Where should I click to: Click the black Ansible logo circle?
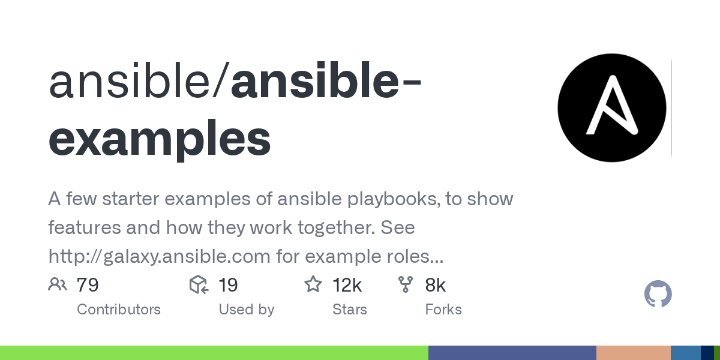pyautogui.click(x=611, y=108)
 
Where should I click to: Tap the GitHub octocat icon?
pyautogui.click(x=658, y=295)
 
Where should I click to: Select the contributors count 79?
pyautogui.click(x=88, y=285)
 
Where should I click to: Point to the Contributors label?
pyautogui.click(x=119, y=310)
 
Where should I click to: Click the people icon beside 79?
pyautogui.click(x=58, y=284)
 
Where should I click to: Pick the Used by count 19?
pyautogui.click(x=228, y=285)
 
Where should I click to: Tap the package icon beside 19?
pyautogui.click(x=199, y=284)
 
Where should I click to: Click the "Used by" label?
pyautogui.click(x=246, y=310)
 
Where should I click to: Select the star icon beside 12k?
pyautogui.click(x=313, y=284)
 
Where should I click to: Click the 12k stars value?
pyautogui.click(x=347, y=285)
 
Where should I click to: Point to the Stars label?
pyautogui.click(x=350, y=310)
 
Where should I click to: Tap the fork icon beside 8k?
pyautogui.click(x=406, y=284)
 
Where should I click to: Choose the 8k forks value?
pyautogui.click(x=435, y=285)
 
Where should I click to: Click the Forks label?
pyautogui.click(x=443, y=310)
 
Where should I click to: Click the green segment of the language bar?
pyautogui.click(x=214, y=353)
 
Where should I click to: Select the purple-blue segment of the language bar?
pyautogui.click(x=512, y=353)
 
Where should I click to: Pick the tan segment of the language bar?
pyautogui.click(x=633, y=353)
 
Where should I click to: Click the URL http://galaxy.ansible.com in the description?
pyautogui.click(x=159, y=257)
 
